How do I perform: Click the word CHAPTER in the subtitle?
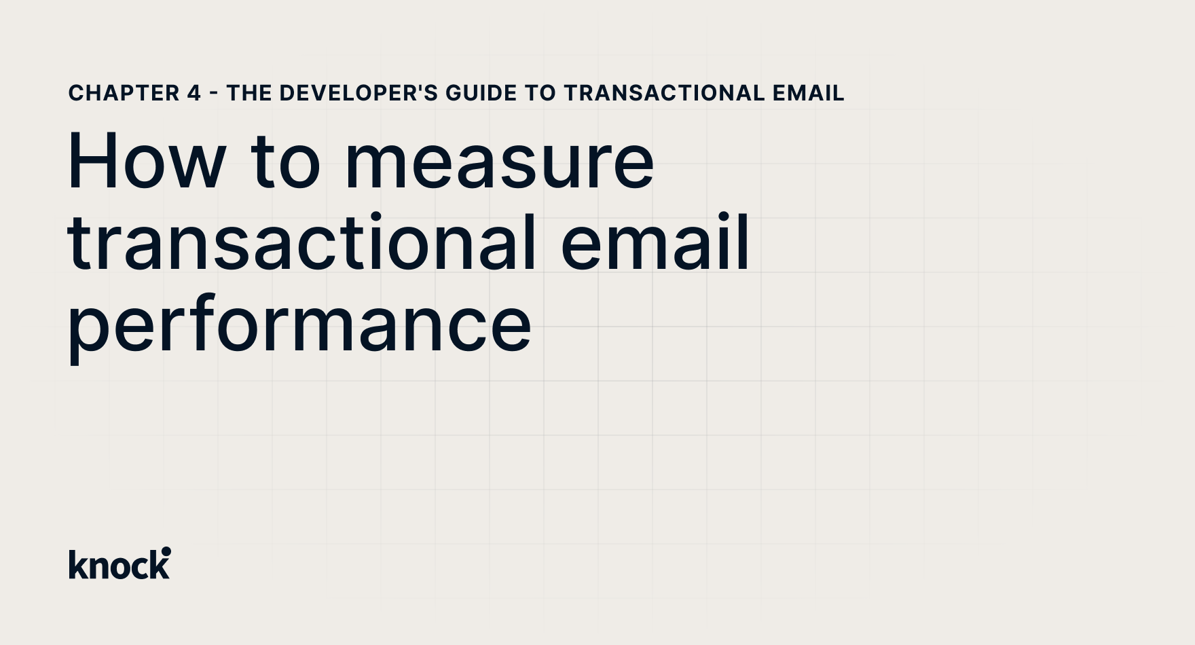click(124, 93)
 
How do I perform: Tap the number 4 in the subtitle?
click(194, 93)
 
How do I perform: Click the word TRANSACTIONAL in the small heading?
click(664, 93)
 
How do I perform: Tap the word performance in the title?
click(299, 326)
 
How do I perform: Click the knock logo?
click(119, 564)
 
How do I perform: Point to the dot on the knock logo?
click(166, 551)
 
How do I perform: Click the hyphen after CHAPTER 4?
click(214, 94)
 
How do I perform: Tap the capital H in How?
click(92, 162)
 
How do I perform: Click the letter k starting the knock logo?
click(75, 564)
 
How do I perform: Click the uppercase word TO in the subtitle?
click(540, 93)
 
